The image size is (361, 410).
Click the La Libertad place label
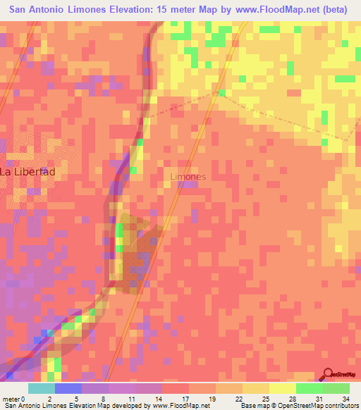27,171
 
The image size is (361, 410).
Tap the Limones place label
189,177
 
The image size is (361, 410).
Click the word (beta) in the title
333,8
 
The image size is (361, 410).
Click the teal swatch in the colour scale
42,388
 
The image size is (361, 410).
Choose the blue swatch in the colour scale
68,388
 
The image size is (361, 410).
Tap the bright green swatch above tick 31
310,388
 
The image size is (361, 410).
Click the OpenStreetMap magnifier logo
329,375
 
